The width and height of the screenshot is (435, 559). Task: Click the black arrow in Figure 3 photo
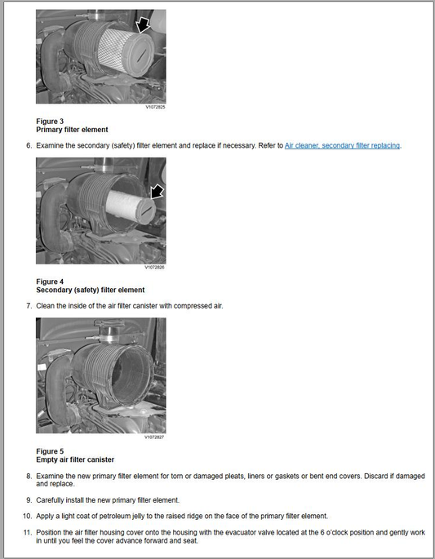tap(144, 25)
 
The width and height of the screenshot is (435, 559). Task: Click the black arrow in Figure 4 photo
tap(157, 192)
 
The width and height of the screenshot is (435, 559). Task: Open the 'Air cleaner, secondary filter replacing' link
tap(342, 145)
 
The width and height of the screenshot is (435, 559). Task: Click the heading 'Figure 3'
tap(50, 122)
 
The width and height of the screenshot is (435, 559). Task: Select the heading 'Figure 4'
tap(50, 282)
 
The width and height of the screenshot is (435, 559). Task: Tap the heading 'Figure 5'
tap(50, 451)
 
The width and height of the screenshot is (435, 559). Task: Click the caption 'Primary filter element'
tap(72, 130)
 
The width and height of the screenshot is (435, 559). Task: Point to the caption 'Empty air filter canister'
tap(75, 459)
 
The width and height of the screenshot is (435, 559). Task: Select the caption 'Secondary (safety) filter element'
tap(91, 290)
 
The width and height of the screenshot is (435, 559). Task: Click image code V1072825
tap(155, 107)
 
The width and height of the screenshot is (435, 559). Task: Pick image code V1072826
tap(154, 267)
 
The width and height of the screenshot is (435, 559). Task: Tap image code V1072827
tap(154, 437)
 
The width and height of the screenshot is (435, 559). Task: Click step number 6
tap(29, 145)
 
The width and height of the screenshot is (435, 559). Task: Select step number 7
tap(29, 306)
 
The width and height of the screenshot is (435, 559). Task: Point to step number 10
tap(28, 516)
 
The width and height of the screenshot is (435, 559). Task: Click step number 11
tap(28, 533)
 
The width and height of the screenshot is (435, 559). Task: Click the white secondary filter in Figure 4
tap(128, 207)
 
